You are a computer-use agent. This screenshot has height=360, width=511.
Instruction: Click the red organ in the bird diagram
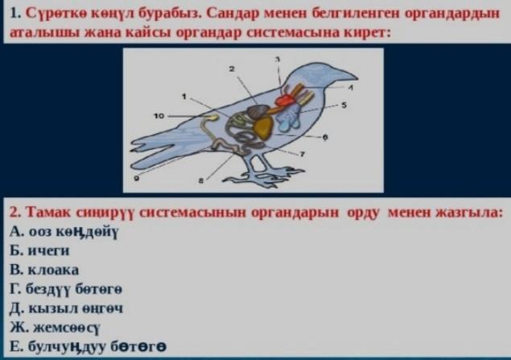[285, 100]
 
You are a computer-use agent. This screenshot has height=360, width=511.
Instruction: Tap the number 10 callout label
[159, 116]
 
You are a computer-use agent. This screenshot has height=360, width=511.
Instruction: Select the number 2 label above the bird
[232, 68]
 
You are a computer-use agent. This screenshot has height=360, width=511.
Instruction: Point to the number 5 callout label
[344, 105]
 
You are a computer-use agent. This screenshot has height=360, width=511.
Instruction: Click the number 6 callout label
[325, 137]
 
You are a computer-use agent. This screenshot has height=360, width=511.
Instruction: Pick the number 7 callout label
[303, 155]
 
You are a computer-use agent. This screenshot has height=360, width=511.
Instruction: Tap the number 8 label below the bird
[201, 180]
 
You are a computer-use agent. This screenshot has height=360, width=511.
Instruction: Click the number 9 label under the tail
[137, 178]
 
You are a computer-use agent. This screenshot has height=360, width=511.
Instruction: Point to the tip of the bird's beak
[357, 78]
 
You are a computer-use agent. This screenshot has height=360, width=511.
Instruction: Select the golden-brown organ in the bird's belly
[264, 129]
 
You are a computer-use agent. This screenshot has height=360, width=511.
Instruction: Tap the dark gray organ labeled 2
[258, 112]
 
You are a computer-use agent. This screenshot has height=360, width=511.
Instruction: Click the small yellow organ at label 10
[212, 117]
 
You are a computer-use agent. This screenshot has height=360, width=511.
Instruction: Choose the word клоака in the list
[54, 270]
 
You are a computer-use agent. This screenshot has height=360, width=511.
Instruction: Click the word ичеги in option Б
[49, 250]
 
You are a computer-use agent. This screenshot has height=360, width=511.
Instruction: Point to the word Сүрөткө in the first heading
[55, 14]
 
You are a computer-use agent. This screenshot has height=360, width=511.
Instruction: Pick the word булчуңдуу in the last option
[67, 346]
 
